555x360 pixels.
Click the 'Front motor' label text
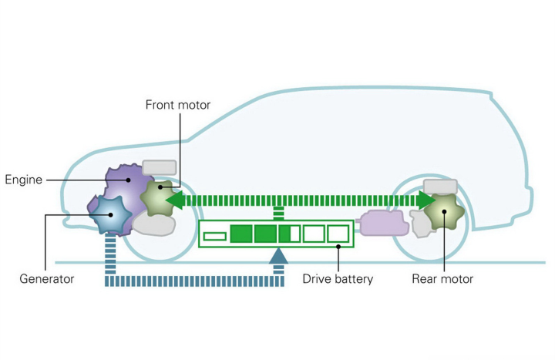tap(178, 105)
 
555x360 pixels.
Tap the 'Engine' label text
tap(24, 180)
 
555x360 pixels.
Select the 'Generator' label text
tap(47, 278)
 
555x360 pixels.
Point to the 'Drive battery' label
tap(338, 278)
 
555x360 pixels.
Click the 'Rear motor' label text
tap(442, 278)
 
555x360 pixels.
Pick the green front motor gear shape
tap(158, 196)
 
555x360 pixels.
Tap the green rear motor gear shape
tap(443, 209)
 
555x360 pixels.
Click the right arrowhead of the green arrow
tap(427, 200)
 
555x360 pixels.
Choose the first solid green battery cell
tap(241, 234)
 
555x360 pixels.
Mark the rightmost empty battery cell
tap(338, 234)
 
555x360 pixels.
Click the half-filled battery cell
tap(290, 234)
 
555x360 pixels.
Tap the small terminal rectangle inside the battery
tap(215, 234)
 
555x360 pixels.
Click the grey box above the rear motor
tap(440, 187)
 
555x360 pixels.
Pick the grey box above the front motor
tap(160, 168)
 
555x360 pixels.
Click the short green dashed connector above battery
tap(279, 213)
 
